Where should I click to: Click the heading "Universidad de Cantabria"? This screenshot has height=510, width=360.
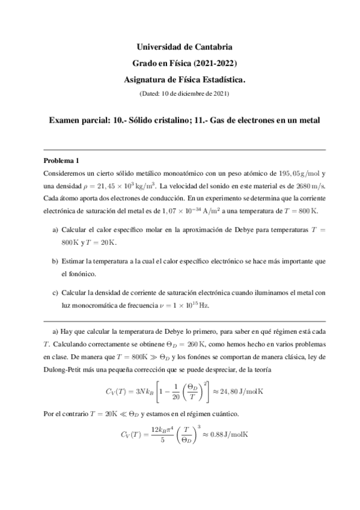pos(185,46)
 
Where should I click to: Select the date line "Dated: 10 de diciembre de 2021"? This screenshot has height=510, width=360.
pos(185,93)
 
